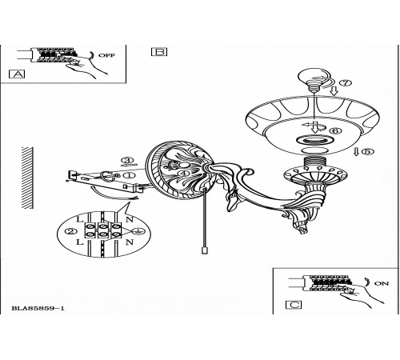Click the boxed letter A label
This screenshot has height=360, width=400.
pyautogui.click(x=17, y=74)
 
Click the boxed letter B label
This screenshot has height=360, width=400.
pyautogui.click(x=159, y=52)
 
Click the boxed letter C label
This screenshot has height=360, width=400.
pyautogui.click(x=294, y=305)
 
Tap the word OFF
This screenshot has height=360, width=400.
pyautogui.click(x=106, y=55)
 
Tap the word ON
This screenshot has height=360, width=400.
pyautogui.click(x=382, y=283)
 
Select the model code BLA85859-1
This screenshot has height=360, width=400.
pyautogui.click(x=38, y=309)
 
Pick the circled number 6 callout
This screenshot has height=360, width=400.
pyautogui.click(x=335, y=130)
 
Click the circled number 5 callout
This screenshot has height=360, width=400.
pyautogui.click(x=367, y=151)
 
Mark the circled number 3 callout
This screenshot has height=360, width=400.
pyautogui.click(x=128, y=160)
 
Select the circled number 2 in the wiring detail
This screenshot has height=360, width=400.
pyautogui.click(x=71, y=231)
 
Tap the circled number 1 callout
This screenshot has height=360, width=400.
pyautogui.click(x=129, y=175)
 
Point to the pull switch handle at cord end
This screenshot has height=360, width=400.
pyautogui.click(x=204, y=250)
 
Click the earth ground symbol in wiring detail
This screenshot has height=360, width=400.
pyautogui.click(x=138, y=231)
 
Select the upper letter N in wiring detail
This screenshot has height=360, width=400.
pyautogui.click(x=130, y=220)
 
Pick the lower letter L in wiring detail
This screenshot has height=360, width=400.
pyautogui.click(x=80, y=242)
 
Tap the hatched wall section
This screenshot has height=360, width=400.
pyautogui.click(x=27, y=178)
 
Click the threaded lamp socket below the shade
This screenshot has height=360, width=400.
pyautogui.click(x=314, y=162)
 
